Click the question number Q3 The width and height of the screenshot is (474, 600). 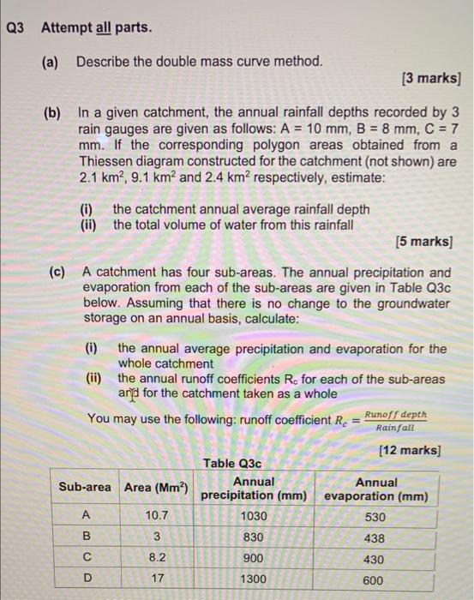(16, 28)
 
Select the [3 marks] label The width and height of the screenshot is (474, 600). (431, 80)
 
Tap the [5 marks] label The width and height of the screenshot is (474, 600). (426, 242)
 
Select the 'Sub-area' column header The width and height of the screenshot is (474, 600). (84, 487)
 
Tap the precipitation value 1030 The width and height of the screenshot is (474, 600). (254, 517)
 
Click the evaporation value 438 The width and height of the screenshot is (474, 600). (375, 538)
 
